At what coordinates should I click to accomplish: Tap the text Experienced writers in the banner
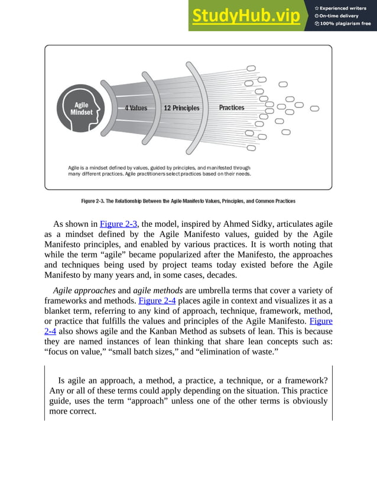[x=343, y=8]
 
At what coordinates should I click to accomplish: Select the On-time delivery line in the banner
[x=339, y=15]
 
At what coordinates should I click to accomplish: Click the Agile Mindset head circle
[x=81, y=109]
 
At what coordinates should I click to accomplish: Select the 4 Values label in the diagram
[x=135, y=108]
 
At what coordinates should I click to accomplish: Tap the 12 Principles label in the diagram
[x=181, y=108]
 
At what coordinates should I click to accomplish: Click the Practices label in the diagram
[x=232, y=108]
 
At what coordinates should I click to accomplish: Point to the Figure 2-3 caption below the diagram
[x=188, y=201]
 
